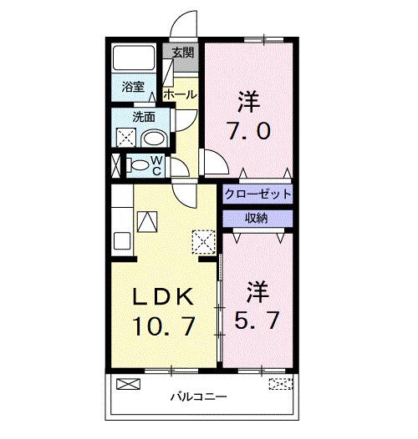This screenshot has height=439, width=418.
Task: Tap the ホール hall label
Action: pos(181,94)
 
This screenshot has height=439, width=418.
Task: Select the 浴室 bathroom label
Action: pos(133,85)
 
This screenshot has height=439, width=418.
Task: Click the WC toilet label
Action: pos(155,165)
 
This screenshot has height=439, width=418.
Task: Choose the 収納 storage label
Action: pos(257,218)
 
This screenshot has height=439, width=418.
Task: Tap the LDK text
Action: pos(165,296)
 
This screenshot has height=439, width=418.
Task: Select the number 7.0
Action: pos(247,132)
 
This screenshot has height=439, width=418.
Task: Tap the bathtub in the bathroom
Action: pos(132,57)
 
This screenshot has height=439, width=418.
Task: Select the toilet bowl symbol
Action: pos(138,165)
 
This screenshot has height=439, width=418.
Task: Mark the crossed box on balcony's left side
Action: pos(129,385)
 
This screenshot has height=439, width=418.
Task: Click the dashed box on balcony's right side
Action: pos(282,385)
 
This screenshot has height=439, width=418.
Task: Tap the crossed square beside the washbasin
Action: pos(126,139)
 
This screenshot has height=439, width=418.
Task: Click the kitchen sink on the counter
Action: pos(146,221)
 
